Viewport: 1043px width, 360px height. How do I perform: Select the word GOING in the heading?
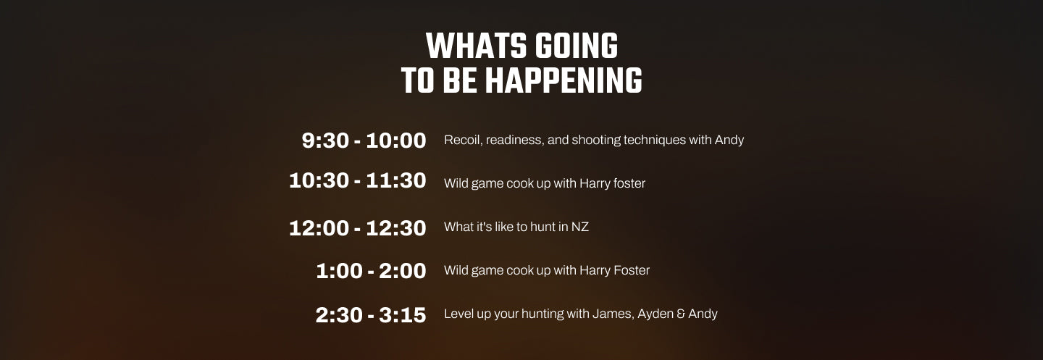click(x=576, y=46)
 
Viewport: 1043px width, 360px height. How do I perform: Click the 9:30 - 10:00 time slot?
click(x=364, y=141)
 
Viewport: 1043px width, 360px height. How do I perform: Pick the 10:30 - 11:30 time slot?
click(x=358, y=180)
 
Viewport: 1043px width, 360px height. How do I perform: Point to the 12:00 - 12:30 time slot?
click(x=358, y=228)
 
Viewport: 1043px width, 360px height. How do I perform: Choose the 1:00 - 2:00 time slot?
click(x=371, y=271)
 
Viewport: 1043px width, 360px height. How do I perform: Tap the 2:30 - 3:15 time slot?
click(x=371, y=315)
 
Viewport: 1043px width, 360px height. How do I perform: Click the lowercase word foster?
click(x=629, y=183)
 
